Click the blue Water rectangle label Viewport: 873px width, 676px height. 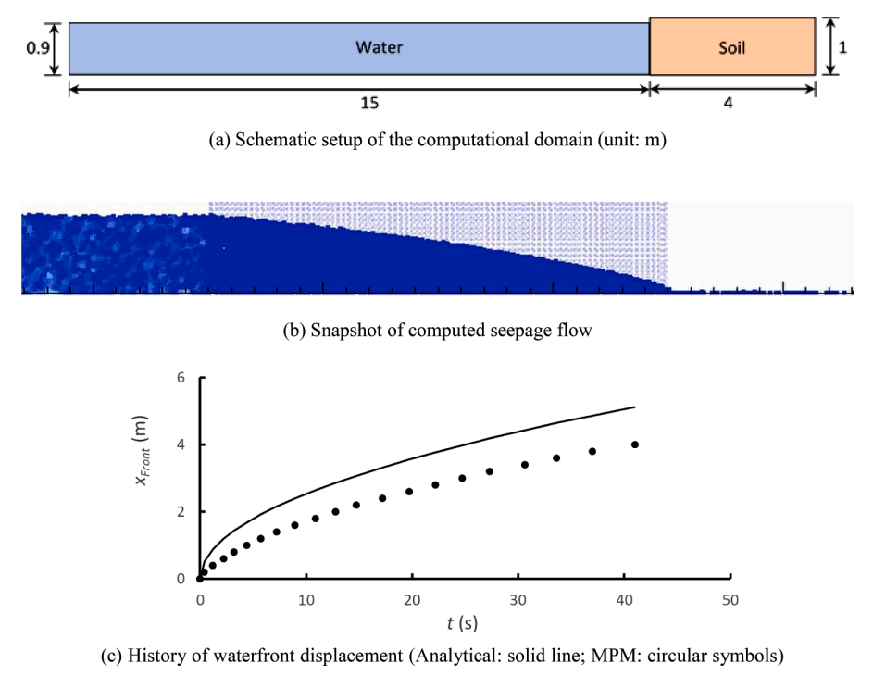tap(380, 46)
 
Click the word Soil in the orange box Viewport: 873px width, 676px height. tap(731, 46)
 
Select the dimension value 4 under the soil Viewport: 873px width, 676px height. tap(729, 104)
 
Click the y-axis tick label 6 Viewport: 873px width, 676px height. tap(181, 378)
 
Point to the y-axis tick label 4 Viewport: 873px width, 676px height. tap(181, 444)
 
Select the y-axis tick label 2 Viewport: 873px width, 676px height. tap(181, 511)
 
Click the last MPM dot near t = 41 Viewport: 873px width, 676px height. tap(635, 444)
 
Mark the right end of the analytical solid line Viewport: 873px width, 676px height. tap(635, 407)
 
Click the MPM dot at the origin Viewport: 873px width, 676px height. tap(200, 578)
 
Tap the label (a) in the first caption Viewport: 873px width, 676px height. tap(220, 142)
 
